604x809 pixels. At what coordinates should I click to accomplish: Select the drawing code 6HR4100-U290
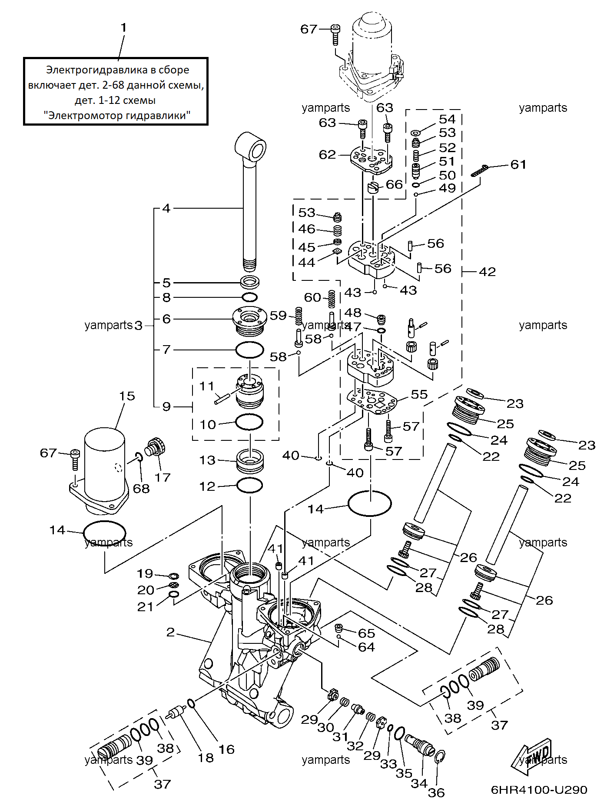pos(539,790)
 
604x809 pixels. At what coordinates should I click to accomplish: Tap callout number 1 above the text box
pos(123,28)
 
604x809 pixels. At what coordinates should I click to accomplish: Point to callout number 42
pos(487,272)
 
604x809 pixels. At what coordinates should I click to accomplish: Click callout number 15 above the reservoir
pos(127,396)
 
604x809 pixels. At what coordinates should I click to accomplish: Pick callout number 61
pos(518,165)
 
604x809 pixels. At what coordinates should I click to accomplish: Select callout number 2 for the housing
pos(170,632)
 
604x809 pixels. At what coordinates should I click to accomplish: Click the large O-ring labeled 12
pos(249,485)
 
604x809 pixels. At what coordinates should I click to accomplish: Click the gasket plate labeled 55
pos(372,402)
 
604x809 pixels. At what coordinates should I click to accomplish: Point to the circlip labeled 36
pos(440,757)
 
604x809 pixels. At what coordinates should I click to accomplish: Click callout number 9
pos(166,407)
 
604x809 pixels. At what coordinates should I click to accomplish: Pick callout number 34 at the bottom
pos(419,784)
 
